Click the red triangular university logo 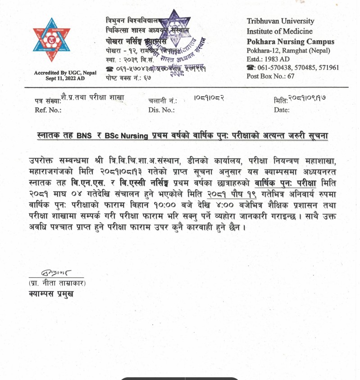coord(51,41)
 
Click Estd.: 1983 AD coord(269,59)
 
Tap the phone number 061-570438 coord(274,68)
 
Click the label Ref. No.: coord(46,109)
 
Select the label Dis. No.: coord(161,109)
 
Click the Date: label coord(282,109)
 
